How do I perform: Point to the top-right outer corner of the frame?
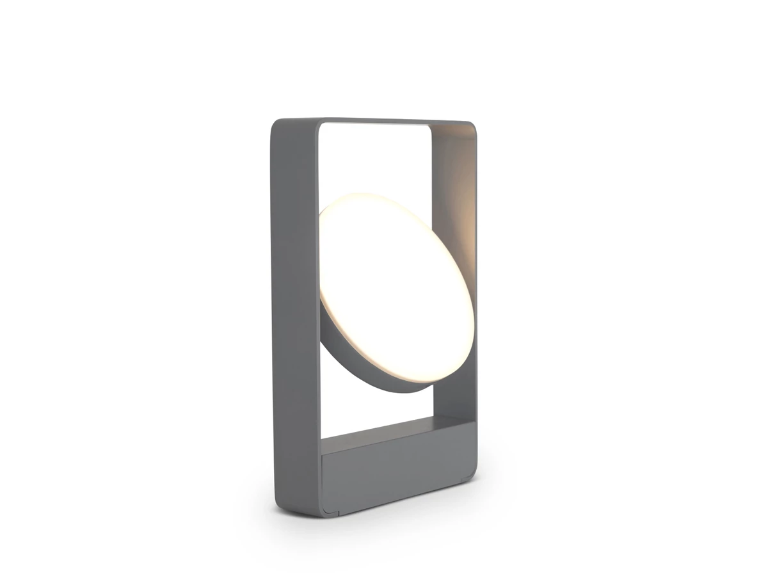pos(472,126)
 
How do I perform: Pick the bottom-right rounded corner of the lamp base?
pos(472,472)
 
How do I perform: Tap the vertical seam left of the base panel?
pos(321,480)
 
